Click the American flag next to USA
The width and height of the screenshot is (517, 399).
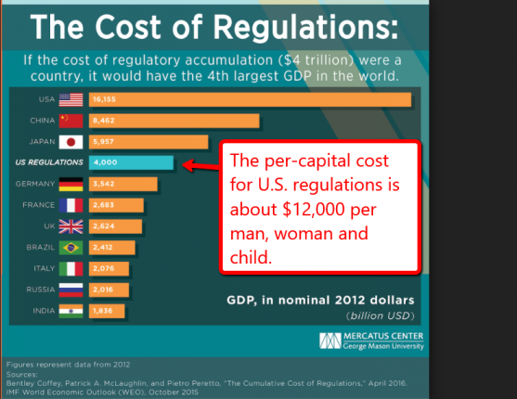[71, 99]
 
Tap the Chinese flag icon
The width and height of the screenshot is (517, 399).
[71, 121]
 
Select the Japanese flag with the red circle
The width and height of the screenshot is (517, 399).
[71, 142]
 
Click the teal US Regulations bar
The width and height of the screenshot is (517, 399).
[131, 162]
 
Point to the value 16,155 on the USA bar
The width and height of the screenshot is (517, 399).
[104, 99]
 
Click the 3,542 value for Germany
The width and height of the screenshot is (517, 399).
[104, 184]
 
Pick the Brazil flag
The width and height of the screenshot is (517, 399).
[71, 248]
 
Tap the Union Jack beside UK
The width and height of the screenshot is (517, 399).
[71, 226]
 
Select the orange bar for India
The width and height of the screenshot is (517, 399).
[107, 311]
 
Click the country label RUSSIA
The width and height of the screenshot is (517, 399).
[41, 290]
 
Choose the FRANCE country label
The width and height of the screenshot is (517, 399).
[39, 205]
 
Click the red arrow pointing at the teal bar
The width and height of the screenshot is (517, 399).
[200, 165]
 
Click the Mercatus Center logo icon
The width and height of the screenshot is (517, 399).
[330, 341]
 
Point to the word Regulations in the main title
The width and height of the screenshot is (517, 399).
[305, 28]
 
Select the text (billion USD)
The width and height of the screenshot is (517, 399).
[381, 315]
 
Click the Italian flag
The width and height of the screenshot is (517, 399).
[71, 269]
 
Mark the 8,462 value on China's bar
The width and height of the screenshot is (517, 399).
[104, 121]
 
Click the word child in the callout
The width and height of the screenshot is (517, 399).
[251, 258]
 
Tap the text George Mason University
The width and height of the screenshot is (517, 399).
[383, 346]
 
